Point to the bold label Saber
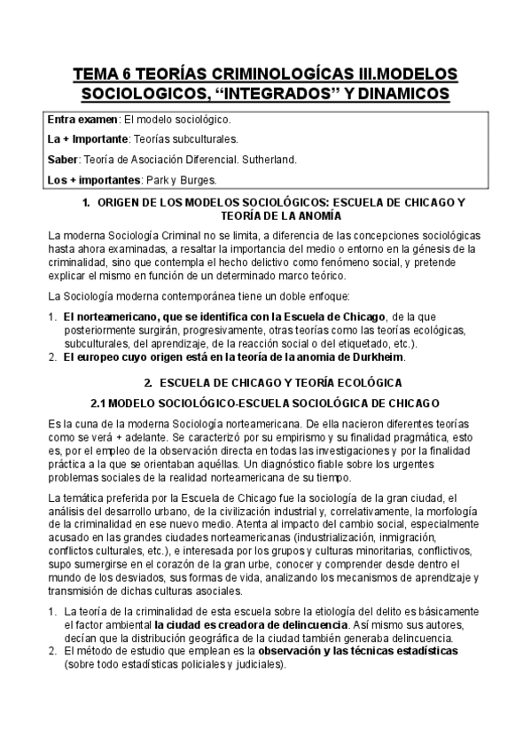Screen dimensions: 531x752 (62, 160)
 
